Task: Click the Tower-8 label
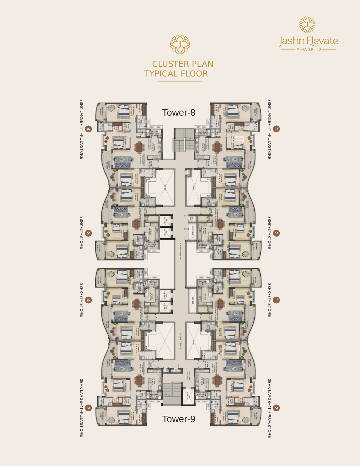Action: (179, 113)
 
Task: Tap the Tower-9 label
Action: (179, 419)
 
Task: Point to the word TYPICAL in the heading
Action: (160, 74)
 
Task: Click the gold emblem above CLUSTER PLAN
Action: (180, 44)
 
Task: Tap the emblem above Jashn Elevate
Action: (307, 24)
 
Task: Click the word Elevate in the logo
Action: (322, 41)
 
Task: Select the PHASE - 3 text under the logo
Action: (309, 50)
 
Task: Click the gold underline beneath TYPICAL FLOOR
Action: (180, 81)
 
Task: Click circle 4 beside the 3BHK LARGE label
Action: (88, 129)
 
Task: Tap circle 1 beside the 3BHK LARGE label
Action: (276, 129)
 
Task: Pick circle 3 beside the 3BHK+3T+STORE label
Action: (88, 233)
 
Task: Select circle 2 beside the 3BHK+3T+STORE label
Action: (276, 233)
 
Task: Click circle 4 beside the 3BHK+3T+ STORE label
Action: (88, 300)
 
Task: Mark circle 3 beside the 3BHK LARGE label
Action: (88, 408)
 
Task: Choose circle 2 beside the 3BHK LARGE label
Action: (276, 408)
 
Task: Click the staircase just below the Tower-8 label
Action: (184, 141)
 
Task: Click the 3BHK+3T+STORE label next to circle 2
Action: (269, 233)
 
